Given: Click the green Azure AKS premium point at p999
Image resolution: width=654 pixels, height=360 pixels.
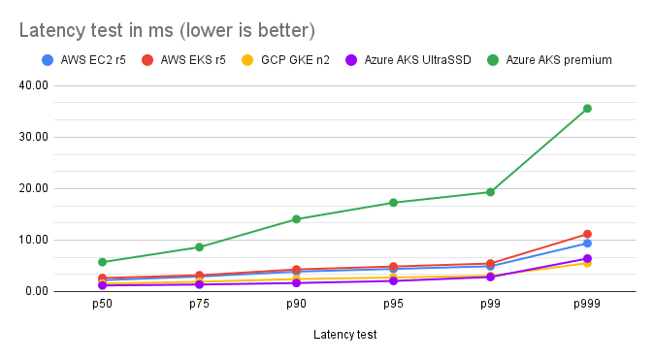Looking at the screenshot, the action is [587, 109].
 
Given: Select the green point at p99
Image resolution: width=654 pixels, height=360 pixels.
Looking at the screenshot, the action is [490, 192].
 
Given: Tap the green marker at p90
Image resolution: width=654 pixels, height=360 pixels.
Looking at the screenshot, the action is [296, 219].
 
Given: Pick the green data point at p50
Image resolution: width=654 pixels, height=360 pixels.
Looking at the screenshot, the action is [102, 262].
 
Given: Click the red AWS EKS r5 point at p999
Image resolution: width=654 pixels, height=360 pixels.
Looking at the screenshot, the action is [587, 234].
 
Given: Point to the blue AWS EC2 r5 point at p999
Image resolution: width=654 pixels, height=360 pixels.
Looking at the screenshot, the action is [587, 244].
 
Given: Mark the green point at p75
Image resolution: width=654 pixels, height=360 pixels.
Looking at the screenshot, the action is [199, 246].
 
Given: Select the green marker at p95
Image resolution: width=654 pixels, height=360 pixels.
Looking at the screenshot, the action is [393, 203].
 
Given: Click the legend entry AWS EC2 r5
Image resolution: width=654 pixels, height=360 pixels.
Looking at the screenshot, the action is [93, 60].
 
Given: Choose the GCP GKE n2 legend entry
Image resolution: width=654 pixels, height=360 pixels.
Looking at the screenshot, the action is [295, 60].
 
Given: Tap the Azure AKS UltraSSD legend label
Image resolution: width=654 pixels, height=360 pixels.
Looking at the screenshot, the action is [417, 60].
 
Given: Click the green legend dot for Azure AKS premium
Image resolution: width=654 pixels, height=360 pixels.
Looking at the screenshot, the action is [493, 60].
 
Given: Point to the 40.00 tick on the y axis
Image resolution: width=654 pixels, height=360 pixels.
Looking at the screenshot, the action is [33, 85].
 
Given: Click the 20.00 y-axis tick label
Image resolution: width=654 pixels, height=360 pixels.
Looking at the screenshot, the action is [33, 188].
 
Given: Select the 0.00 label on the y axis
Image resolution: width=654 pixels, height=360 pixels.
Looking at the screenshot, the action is [37, 291].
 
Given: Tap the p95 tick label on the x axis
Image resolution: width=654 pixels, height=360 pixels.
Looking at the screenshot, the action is [393, 304].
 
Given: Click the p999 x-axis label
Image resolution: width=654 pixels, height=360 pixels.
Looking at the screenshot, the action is [587, 304].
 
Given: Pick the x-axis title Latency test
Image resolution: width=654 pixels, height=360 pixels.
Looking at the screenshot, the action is [344, 335].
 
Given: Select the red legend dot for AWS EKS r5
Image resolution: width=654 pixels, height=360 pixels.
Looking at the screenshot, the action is [147, 60].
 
